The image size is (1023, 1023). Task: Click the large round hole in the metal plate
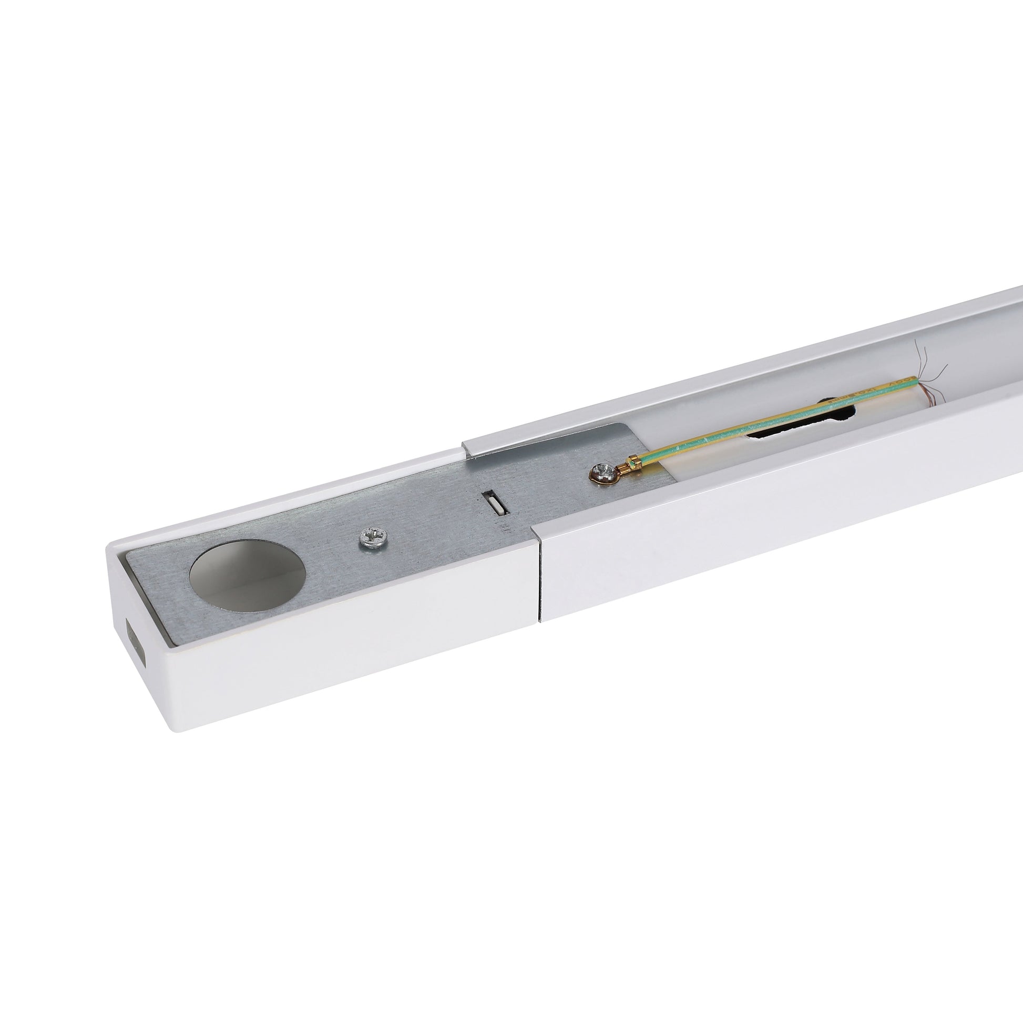pyautogui.click(x=247, y=576)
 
